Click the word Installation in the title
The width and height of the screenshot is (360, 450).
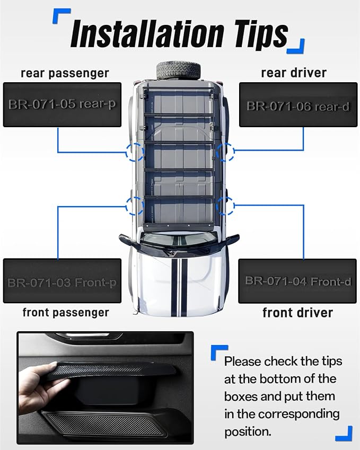coord(147,34)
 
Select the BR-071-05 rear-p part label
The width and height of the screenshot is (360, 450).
coord(62,104)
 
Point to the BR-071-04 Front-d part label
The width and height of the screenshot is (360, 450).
coord(297,281)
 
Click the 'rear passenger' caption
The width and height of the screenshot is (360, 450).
coord(65,74)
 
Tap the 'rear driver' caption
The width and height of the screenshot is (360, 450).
coord(294,73)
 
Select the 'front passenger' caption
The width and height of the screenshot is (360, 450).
coord(66,313)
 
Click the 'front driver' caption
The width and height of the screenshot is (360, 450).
coord(298,313)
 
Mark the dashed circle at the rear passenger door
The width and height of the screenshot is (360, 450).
coord(126,152)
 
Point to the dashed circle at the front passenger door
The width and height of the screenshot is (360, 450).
coord(126,206)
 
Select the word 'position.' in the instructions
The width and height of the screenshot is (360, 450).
coord(248,432)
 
